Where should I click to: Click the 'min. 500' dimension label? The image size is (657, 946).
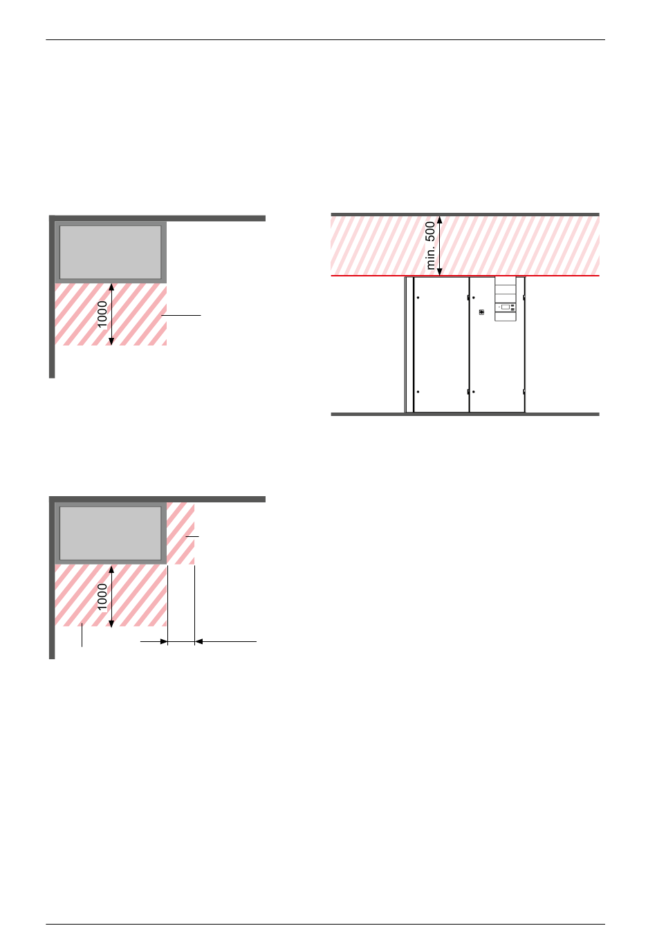tap(431, 245)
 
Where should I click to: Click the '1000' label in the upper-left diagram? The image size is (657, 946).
tap(102, 314)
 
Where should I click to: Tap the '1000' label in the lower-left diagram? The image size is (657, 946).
tap(102, 597)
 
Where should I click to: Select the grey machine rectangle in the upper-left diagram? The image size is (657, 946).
tap(111, 252)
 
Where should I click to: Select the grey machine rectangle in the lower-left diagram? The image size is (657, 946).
tap(111, 533)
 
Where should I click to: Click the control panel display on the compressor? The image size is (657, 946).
tap(506, 306)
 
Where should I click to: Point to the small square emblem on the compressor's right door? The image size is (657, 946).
tap(481, 312)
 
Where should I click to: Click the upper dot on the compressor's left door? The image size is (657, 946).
tap(418, 298)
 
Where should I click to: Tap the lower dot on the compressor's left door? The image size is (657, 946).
tap(418, 392)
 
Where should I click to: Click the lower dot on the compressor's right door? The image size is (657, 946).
tap(474, 392)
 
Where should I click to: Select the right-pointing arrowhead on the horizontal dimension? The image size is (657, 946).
tap(164, 642)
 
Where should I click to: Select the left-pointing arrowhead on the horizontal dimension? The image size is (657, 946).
tap(199, 642)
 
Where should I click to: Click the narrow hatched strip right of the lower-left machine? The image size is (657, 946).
tap(181, 533)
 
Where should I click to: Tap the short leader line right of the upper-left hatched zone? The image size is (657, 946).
tap(181, 315)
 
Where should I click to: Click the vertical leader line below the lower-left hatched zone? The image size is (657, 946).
tap(82, 636)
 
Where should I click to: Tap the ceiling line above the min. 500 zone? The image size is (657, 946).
tap(465, 215)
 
